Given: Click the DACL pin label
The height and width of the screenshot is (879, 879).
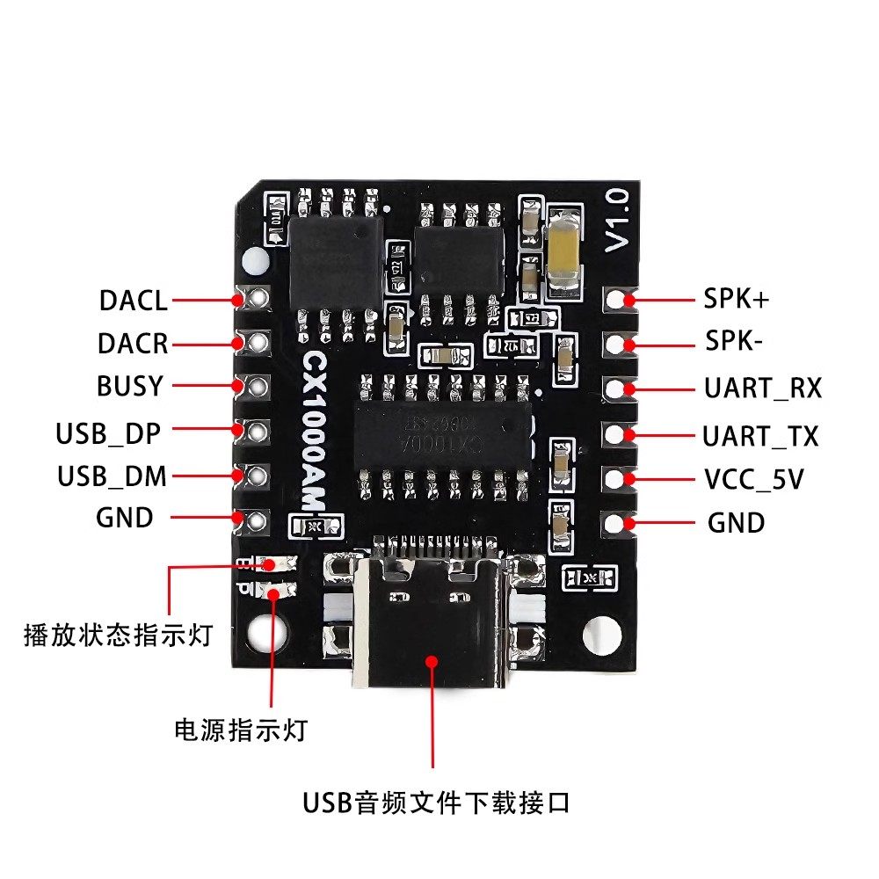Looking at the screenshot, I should [133, 301].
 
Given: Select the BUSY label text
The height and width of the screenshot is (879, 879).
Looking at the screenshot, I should [130, 387].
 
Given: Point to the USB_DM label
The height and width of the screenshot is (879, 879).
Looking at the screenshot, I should [112, 477].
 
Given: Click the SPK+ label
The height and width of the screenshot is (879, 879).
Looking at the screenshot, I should [736, 299].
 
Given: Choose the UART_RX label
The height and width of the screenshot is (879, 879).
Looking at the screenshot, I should [762, 388].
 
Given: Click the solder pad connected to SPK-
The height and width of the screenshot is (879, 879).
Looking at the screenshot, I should [628, 343].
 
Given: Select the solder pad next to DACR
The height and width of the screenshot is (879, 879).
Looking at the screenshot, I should [258, 342].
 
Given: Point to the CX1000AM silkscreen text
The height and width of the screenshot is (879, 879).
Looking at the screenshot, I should [314, 429].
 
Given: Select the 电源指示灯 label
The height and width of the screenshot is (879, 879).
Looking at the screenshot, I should [241, 729].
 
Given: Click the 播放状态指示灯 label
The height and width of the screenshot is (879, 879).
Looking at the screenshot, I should [119, 636].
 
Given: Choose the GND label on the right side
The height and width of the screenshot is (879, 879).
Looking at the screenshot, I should [736, 524].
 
